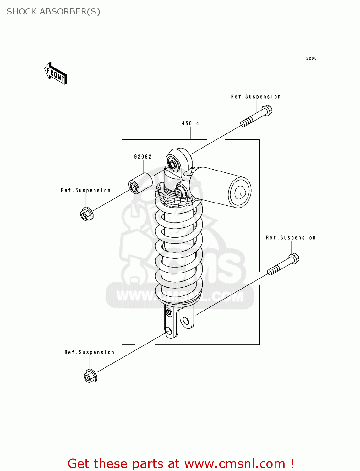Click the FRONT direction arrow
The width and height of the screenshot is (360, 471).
(56, 74)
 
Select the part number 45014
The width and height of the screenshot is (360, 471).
(190, 123)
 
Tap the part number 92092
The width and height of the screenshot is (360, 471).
(143, 157)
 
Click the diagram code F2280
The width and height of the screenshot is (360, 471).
(310, 58)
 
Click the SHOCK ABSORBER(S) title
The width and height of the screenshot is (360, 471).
(53, 12)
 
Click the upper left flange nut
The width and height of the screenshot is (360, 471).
(86, 214)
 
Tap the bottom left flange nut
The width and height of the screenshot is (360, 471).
(90, 376)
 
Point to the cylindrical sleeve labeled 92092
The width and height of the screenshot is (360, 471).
(140, 183)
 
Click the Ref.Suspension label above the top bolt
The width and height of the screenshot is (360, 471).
(256, 97)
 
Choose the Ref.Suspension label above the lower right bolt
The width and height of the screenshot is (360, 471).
(291, 238)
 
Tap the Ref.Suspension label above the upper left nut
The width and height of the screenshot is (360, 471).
(86, 190)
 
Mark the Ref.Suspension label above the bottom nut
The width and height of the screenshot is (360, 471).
(90, 352)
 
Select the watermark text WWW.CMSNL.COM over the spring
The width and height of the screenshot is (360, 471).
(180, 296)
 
